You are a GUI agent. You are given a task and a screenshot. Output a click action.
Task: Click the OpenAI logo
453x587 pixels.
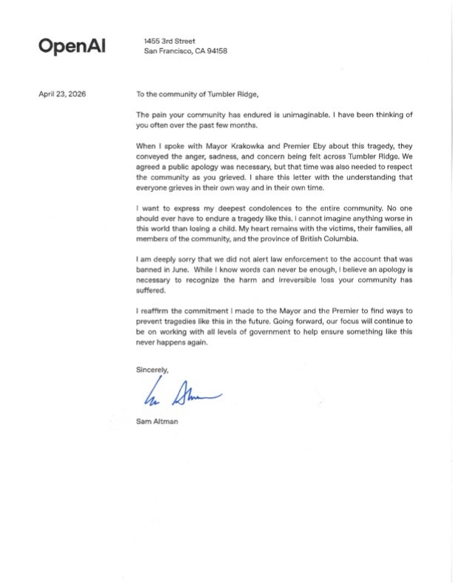click(72, 46)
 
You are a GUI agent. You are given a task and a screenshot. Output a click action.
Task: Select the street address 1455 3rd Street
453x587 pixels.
click(170, 41)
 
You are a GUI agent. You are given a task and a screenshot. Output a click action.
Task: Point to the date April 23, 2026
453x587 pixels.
click(62, 94)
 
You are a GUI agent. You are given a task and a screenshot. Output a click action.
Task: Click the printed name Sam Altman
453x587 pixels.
click(158, 422)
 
